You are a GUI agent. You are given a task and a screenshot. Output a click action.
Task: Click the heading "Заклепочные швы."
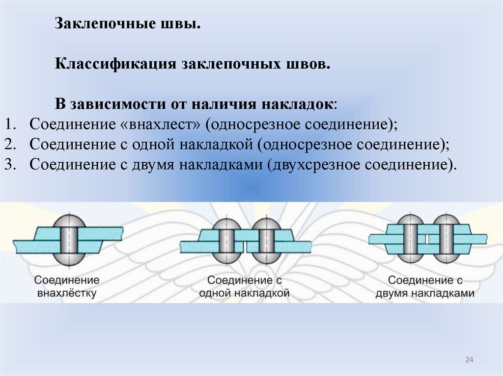click(x=127, y=24)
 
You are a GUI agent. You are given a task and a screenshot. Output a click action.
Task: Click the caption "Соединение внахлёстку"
click(x=67, y=287)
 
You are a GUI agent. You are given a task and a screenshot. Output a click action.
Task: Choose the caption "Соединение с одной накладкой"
click(x=244, y=287)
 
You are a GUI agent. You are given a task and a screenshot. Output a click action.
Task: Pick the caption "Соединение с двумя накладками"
click(x=425, y=287)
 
